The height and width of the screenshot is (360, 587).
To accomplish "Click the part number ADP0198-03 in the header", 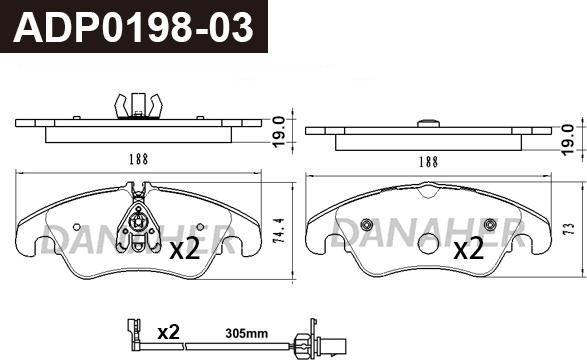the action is [x=133, y=27].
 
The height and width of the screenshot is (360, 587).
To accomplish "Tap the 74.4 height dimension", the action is [x=279, y=231].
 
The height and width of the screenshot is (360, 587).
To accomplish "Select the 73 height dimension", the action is [x=569, y=229].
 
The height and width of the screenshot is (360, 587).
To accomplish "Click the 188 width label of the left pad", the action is [x=139, y=159].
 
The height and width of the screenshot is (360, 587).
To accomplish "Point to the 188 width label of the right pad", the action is [x=428, y=162].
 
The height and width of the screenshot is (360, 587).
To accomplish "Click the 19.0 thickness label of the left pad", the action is [x=279, y=132].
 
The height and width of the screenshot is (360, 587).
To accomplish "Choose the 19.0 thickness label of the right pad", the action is [x=568, y=140].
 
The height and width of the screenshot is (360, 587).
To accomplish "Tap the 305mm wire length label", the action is [x=246, y=333].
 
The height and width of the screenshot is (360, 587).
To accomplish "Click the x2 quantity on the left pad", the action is [x=185, y=250].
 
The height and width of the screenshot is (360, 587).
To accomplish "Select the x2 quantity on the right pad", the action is [x=469, y=250].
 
